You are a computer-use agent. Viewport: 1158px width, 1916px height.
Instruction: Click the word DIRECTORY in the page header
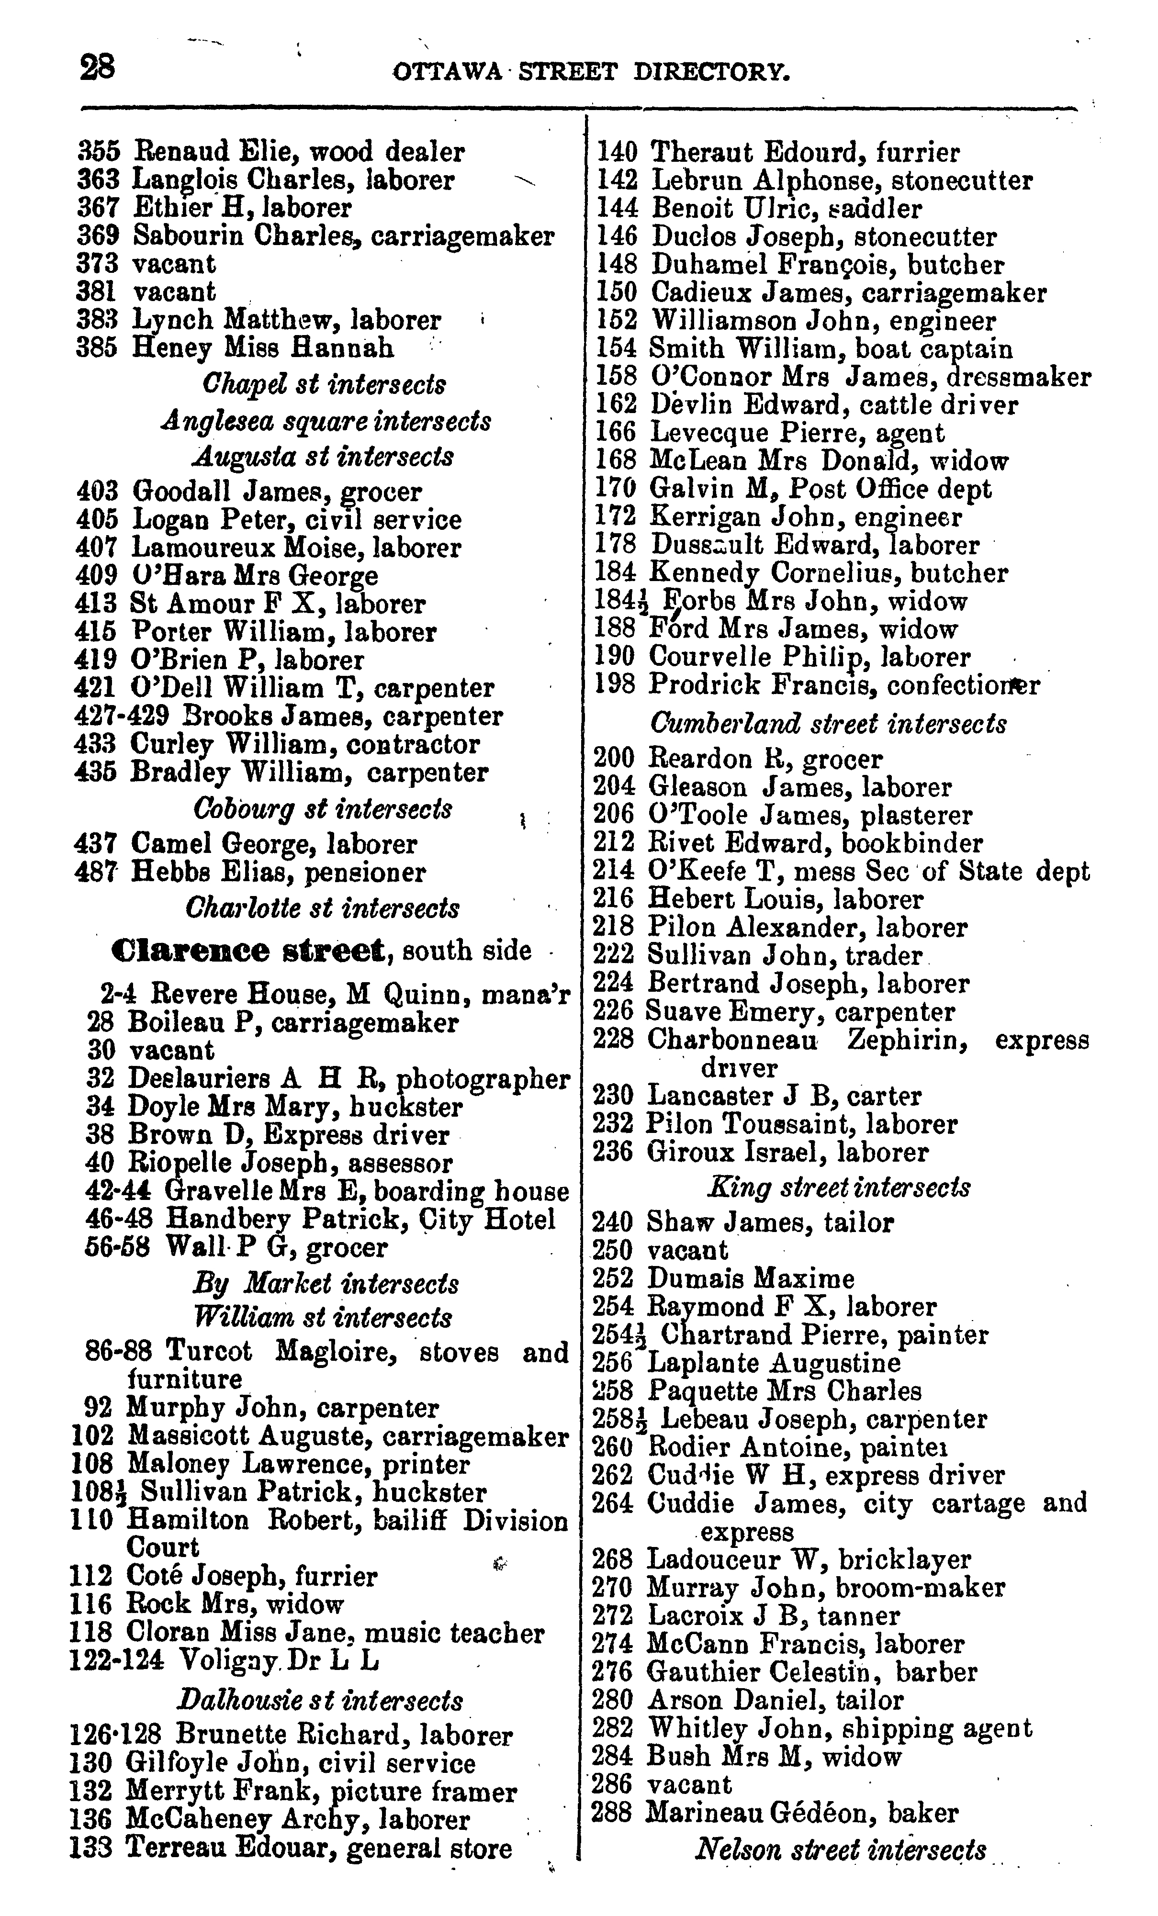[711, 72]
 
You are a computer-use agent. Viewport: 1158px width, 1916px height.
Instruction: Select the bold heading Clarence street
[248, 950]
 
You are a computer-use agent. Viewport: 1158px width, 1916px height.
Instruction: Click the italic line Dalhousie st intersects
[320, 1701]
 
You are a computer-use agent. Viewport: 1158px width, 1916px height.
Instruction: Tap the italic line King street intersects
[838, 1188]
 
